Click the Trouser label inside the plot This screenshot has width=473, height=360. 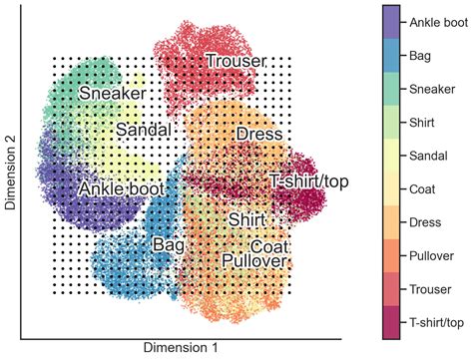236,62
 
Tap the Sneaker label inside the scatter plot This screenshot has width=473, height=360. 113,94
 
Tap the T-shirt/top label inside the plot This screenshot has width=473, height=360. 308,180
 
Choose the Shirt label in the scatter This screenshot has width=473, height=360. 246,218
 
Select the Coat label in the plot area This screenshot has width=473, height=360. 269,246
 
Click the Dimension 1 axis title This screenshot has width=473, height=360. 181,348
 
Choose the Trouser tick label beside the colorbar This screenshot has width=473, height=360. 429,289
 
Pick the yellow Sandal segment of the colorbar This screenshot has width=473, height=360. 392,155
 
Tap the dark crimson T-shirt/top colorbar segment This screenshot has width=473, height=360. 392,322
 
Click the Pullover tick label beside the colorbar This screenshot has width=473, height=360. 431,255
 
